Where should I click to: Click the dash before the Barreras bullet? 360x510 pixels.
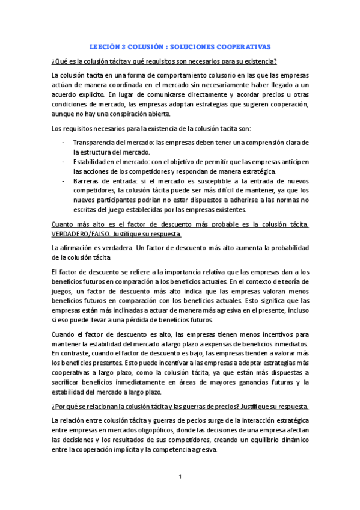[64, 180]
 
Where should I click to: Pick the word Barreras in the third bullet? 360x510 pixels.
[87, 180]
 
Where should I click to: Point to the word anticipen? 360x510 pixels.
[294, 162]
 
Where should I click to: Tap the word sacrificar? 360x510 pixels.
[67, 382]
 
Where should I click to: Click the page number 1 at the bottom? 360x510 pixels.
[180, 477]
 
